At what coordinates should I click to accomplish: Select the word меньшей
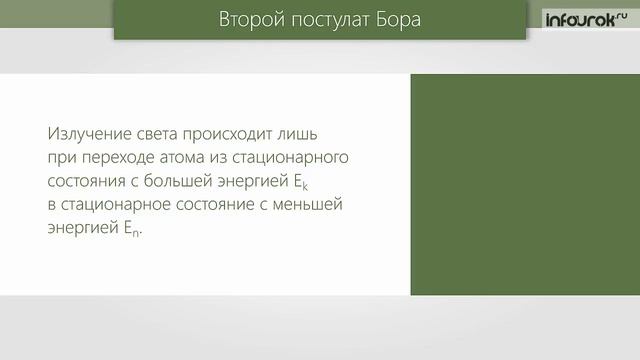coord(312,205)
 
